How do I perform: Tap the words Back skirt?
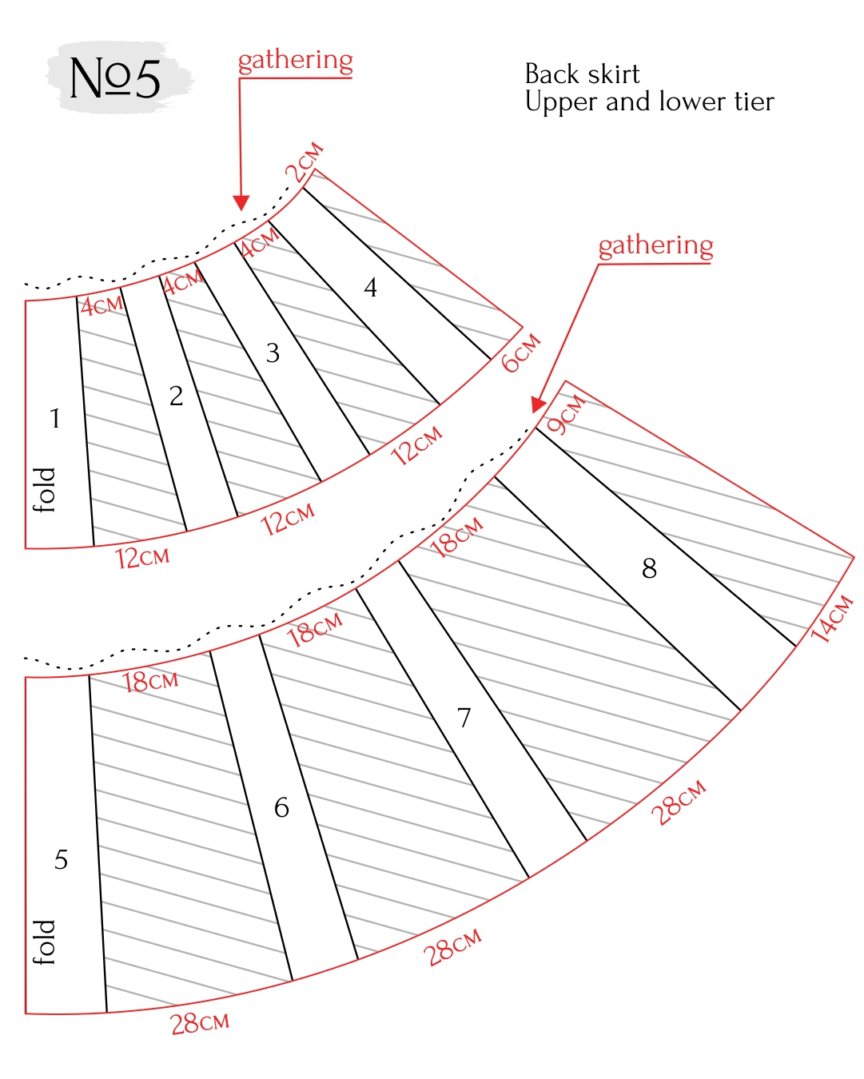[x=582, y=74]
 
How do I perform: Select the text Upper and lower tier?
[x=649, y=102]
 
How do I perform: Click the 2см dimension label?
[x=305, y=162]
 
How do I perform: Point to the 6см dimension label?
[x=521, y=352]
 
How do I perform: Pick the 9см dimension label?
[x=566, y=414]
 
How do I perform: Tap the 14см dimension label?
[x=831, y=619]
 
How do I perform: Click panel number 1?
[x=55, y=418]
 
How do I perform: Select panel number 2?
[x=176, y=396]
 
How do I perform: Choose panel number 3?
[x=273, y=353]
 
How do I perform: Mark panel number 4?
[x=370, y=288]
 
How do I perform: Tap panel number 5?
[x=62, y=859]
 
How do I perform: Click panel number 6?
[x=281, y=808]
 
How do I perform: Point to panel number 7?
[x=464, y=718]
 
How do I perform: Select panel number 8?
[x=649, y=568]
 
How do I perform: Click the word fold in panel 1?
[x=44, y=490]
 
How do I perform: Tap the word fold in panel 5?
[x=44, y=942]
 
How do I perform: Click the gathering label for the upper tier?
[x=296, y=62]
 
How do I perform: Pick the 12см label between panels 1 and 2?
[x=143, y=557]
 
